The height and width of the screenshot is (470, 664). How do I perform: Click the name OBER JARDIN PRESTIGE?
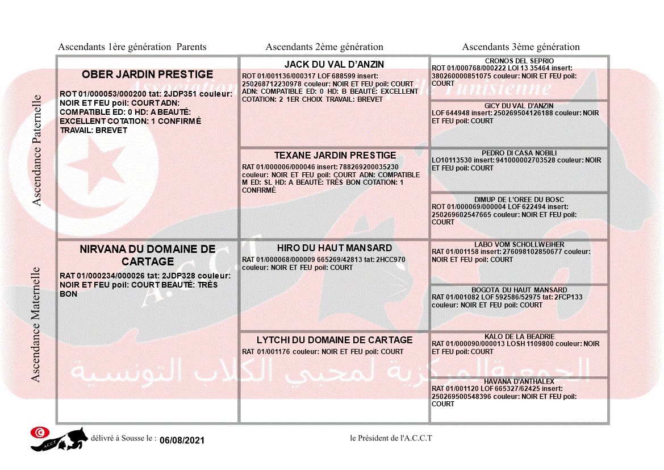pos(148,74)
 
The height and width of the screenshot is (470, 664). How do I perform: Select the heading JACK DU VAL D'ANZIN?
pos(334,64)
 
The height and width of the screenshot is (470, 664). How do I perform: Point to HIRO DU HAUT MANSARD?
pos(335,248)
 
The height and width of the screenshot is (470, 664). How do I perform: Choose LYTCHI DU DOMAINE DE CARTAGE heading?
pos(335,340)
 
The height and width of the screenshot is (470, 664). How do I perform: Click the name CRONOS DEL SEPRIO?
pos(519,61)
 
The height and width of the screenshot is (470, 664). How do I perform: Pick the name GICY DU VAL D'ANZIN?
pos(519,106)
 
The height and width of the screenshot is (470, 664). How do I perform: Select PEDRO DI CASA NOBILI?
pos(519,153)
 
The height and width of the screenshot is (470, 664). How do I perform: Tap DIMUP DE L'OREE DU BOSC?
pos(519,199)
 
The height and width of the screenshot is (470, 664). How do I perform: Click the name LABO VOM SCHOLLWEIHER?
pos(519,244)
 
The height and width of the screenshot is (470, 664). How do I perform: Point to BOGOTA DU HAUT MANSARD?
pos(519,290)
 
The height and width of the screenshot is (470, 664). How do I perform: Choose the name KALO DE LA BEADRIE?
pos(519,336)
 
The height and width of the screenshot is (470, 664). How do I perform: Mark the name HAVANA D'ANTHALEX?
pos(519,381)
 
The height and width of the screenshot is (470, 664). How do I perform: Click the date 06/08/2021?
pos(182,440)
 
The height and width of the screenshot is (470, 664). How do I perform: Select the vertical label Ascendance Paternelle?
pos(37,151)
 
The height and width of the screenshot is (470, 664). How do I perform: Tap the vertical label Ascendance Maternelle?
pos(36,324)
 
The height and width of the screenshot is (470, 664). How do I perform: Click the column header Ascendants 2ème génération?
pos(324,47)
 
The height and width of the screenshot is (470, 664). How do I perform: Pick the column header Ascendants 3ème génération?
pos(521,47)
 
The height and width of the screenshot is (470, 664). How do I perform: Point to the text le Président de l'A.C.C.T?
pos(391,438)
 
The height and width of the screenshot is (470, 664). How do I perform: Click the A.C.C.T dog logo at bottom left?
pos(59,439)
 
